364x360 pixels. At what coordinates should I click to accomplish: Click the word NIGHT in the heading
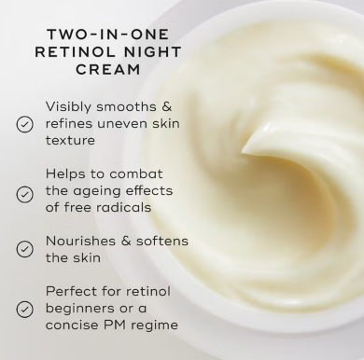tap(150, 52)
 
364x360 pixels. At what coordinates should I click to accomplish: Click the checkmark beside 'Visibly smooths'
tap(25, 123)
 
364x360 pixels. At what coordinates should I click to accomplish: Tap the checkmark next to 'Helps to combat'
tap(25, 194)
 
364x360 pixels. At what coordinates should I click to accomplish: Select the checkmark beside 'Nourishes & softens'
tap(25, 248)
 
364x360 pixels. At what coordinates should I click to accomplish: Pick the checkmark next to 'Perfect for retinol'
tap(25, 310)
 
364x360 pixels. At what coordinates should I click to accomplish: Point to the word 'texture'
tap(71, 140)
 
